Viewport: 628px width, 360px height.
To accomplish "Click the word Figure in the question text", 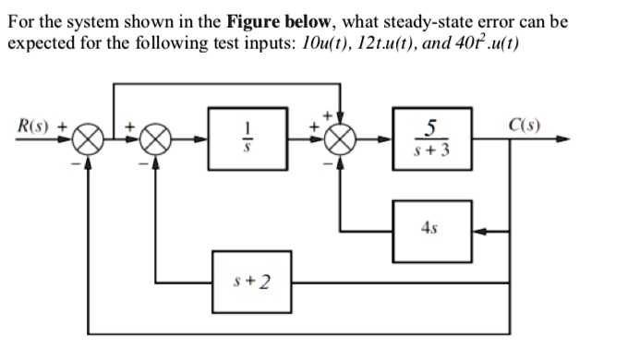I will click(x=261, y=20).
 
